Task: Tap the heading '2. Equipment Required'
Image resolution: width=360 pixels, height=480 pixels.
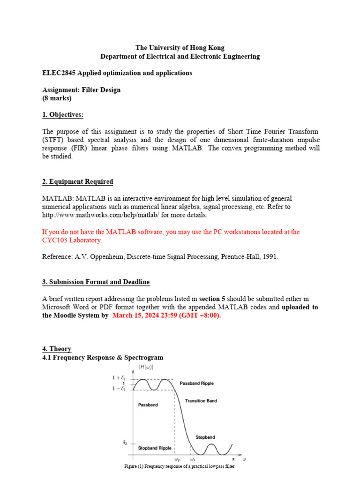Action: pyautogui.click(x=77, y=181)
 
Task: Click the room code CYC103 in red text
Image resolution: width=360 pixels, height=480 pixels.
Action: pyautogui.click(x=55, y=240)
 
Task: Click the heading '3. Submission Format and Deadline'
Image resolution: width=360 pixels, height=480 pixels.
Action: pyautogui.click(x=96, y=282)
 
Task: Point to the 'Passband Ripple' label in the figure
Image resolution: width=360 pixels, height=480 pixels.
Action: pyautogui.click(x=197, y=383)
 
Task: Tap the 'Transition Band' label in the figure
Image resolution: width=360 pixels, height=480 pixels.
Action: pyautogui.click(x=201, y=401)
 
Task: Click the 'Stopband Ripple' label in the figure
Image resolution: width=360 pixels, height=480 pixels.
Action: pyautogui.click(x=155, y=448)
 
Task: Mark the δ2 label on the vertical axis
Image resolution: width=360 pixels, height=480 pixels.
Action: pyautogui.click(x=125, y=442)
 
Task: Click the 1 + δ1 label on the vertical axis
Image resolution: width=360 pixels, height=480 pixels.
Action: pyautogui.click(x=120, y=378)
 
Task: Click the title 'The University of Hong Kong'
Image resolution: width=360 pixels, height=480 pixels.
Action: pyautogui.click(x=180, y=48)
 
